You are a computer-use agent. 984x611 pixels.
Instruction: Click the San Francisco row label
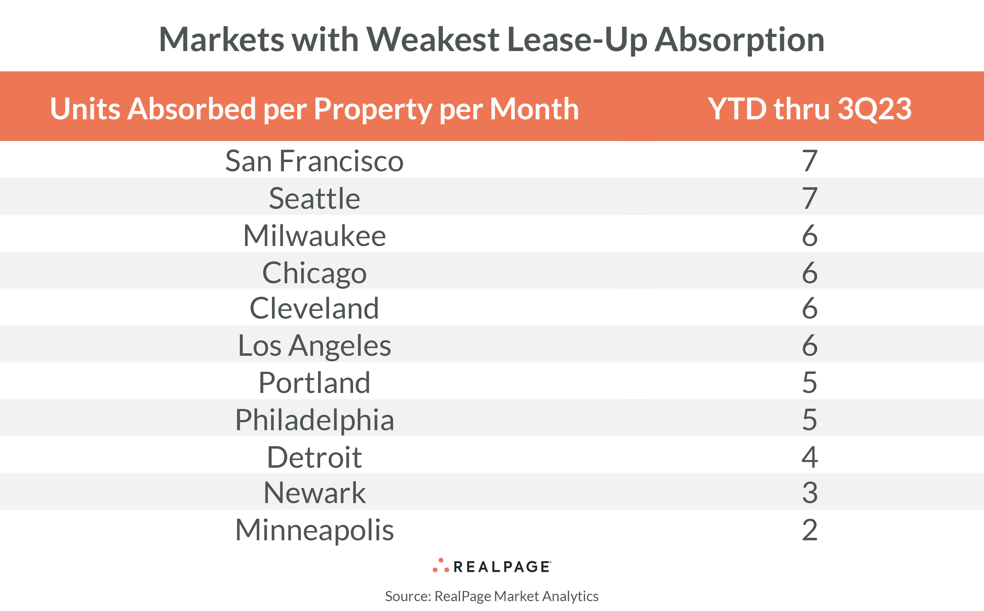pos(314,161)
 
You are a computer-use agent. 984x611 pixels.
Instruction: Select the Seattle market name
pos(314,198)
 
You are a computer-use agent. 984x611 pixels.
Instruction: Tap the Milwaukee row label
pos(314,236)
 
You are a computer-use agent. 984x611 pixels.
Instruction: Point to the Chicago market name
pos(314,273)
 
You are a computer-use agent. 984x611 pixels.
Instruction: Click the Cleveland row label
pos(314,308)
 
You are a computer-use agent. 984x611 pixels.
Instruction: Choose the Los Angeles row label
pos(314,346)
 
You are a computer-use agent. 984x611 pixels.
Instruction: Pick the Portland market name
pos(314,383)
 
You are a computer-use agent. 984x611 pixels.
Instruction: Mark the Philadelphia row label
pos(314,420)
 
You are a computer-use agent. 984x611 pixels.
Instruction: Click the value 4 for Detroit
pos(809,457)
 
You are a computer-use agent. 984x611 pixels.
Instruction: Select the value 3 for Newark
pos(809,493)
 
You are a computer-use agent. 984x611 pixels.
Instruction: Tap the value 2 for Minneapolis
pos(809,530)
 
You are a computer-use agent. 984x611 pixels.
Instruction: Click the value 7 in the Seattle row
pos(809,198)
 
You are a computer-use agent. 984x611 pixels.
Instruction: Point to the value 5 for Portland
pos(809,383)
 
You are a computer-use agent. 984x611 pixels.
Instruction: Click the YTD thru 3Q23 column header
pos(809,109)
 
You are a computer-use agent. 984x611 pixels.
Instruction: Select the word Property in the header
pos(372,109)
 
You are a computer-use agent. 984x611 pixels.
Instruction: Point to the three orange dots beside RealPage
pos(440,566)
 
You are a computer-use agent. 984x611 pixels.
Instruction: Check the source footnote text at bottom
pos(491,596)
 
